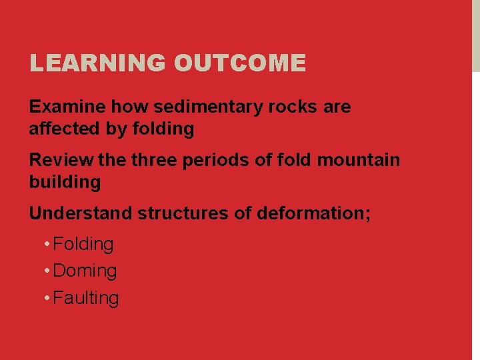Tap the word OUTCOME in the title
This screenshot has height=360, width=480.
[240, 63]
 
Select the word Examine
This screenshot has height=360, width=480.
[67, 107]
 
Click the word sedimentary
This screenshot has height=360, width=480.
[207, 107]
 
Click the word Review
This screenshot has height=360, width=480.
[61, 160]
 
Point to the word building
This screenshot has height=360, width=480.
[65, 182]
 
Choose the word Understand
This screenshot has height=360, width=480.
[81, 213]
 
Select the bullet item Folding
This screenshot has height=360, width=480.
[83, 245]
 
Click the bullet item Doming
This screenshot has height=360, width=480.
[85, 271]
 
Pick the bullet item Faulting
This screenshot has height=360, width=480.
[86, 298]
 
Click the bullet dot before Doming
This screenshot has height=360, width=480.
[47, 271]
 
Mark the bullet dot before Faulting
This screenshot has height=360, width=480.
[47, 297]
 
